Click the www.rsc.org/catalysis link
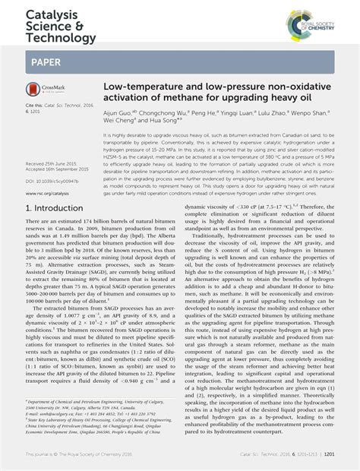pos(47,193)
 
